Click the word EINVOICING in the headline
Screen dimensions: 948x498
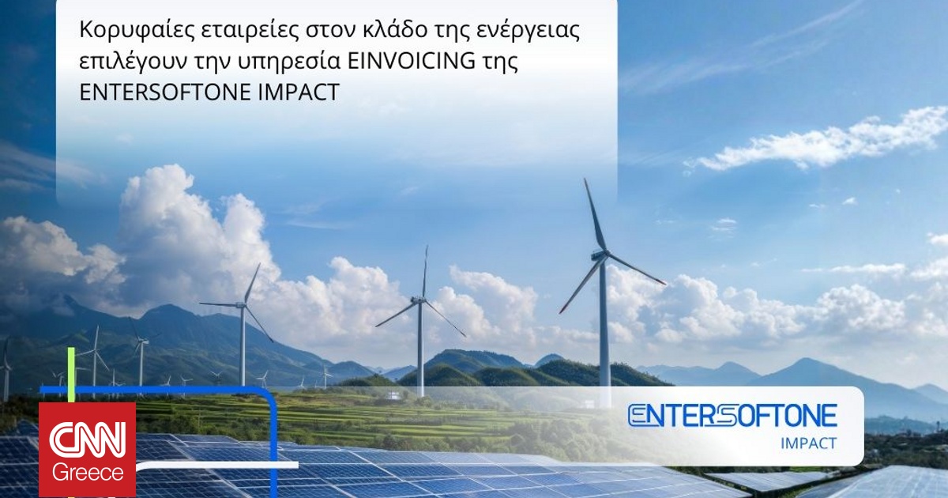pyautogui.click(x=411, y=61)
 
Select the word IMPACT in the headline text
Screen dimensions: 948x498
pyautogui.click(x=299, y=92)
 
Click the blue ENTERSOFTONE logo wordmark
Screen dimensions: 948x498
pyautogui.click(x=732, y=416)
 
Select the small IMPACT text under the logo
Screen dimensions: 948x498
pyautogui.click(x=809, y=443)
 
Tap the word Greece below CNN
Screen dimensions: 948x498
pyautogui.click(x=88, y=473)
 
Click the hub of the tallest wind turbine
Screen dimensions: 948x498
pyautogui.click(x=603, y=255)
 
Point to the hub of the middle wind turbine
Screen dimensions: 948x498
pyautogui.click(x=419, y=300)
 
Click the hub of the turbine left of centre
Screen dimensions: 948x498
pyautogui.click(x=242, y=304)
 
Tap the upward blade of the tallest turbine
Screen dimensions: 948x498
pyautogui.click(x=595, y=216)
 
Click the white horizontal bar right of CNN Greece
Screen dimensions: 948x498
pyautogui.click(x=217, y=466)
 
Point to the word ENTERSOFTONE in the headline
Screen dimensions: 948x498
pyautogui.click(x=165, y=92)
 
